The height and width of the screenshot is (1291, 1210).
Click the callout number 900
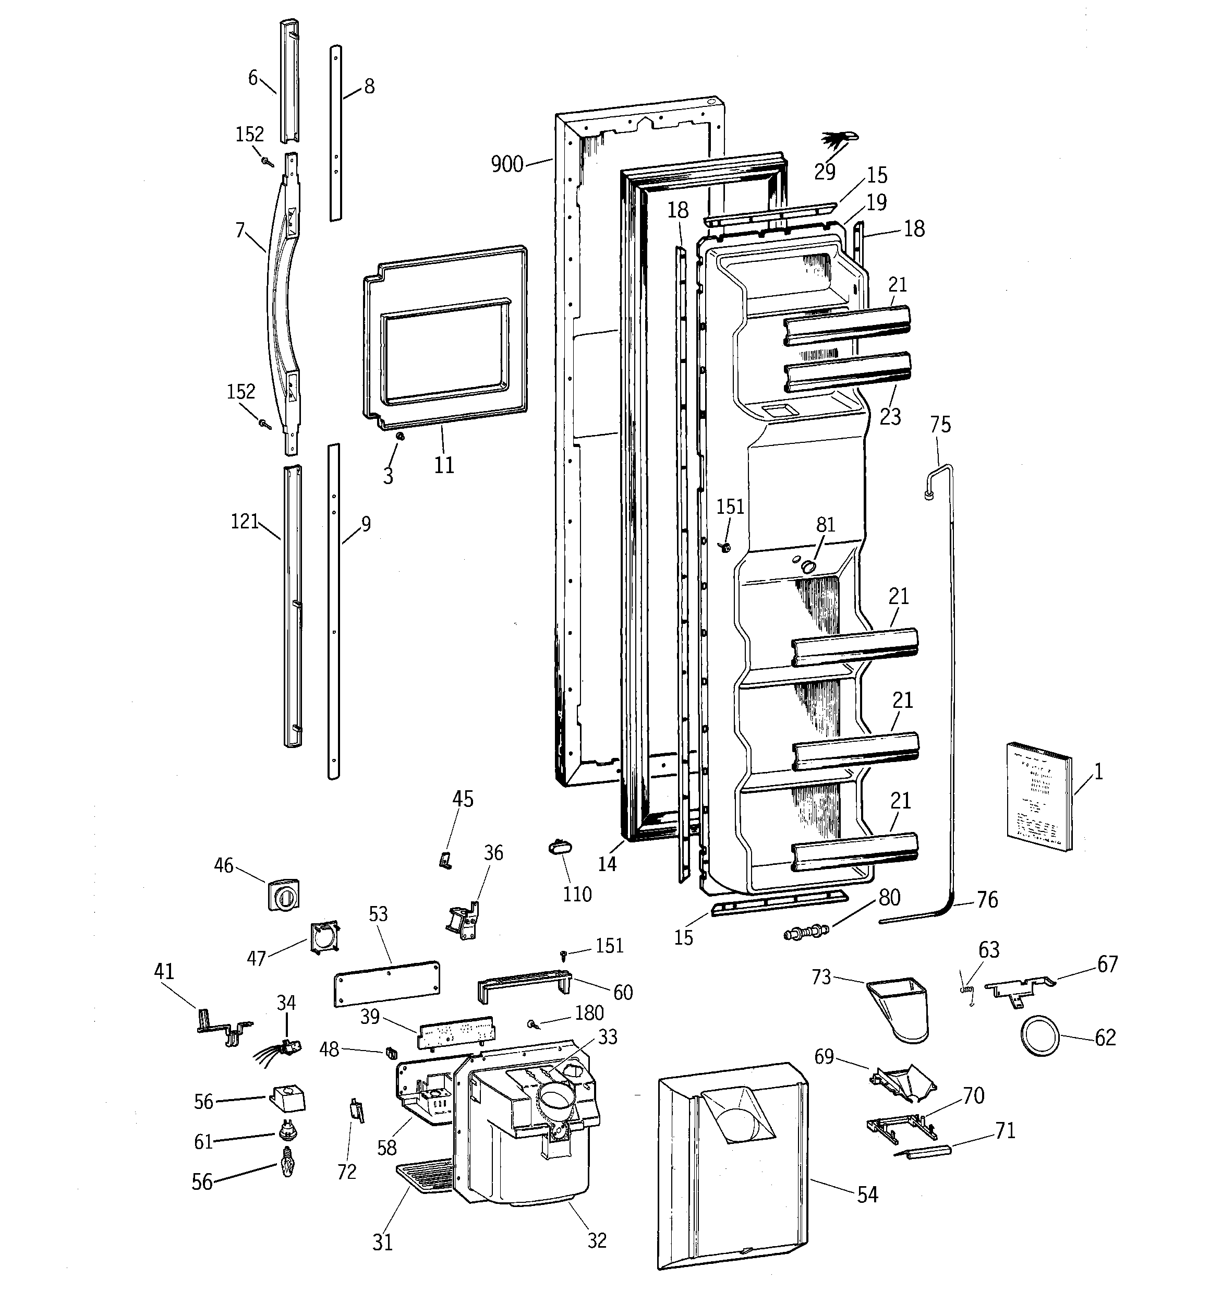coord(506,164)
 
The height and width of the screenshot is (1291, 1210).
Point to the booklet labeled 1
coord(1038,796)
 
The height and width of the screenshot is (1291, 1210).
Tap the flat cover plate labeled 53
coord(387,984)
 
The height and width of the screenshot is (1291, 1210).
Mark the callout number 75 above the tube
coord(940,425)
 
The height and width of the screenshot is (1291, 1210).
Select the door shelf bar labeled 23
coord(848,372)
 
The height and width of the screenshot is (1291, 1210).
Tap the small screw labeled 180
coord(533,1024)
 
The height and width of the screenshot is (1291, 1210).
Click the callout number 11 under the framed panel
coord(444,465)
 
